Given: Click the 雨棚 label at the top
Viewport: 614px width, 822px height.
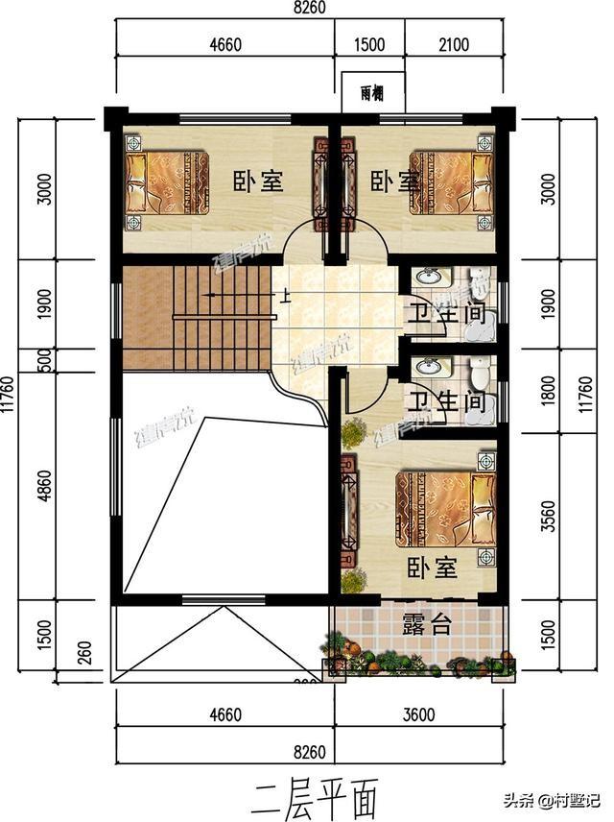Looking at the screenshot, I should [x=373, y=93].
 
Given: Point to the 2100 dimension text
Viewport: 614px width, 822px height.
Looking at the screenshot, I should [x=452, y=43].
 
